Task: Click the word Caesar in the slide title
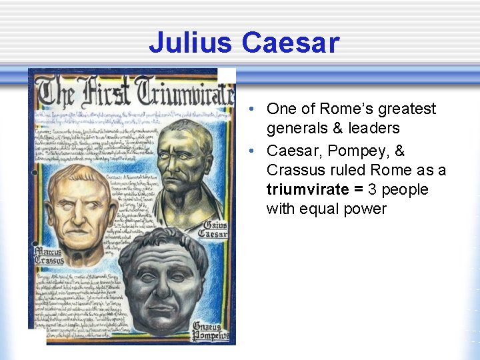[291, 43]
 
